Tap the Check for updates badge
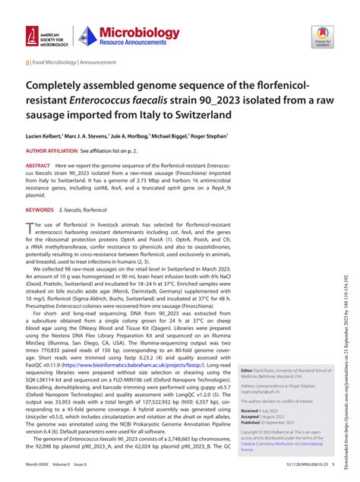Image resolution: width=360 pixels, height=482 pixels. tap(321, 35)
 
